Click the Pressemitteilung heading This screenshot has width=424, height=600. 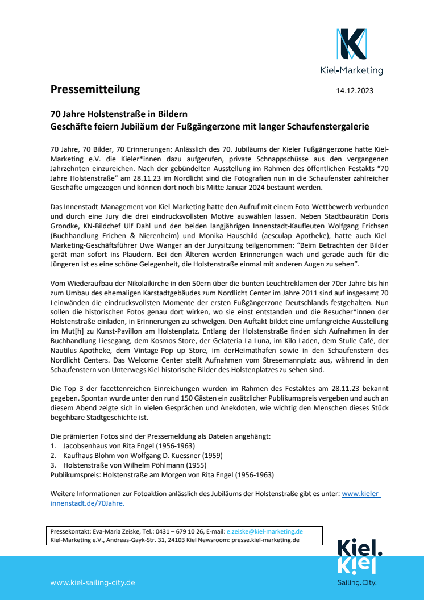(95, 89)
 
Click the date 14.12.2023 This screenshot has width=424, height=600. (355, 90)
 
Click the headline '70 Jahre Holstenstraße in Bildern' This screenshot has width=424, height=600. (119, 114)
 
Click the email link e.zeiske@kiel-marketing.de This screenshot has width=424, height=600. (264, 531)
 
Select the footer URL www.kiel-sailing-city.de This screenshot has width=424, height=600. (93, 582)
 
